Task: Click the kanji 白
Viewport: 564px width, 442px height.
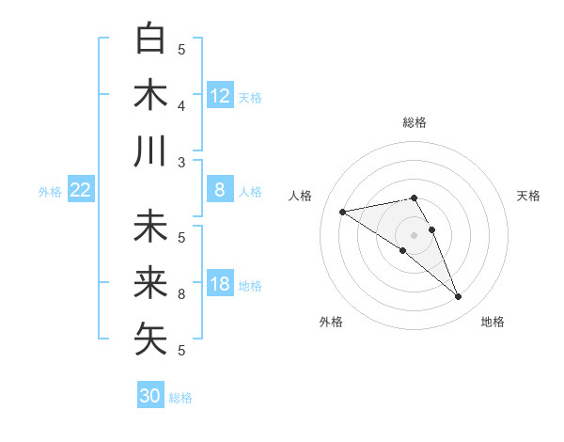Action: point(150,39)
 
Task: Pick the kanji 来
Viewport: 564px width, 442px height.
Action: point(150,281)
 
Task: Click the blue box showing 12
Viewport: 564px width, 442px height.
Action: point(220,95)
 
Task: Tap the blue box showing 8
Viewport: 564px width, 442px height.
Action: point(220,190)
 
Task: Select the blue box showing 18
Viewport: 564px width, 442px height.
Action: point(220,284)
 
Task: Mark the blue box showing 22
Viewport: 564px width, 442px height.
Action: point(80,190)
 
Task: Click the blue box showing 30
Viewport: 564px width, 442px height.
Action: point(150,396)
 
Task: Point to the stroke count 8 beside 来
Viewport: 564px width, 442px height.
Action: point(182,294)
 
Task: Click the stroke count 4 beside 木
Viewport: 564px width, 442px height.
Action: point(182,106)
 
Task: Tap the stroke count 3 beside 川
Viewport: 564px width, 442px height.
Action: point(182,163)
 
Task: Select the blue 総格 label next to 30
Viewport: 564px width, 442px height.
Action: point(181,398)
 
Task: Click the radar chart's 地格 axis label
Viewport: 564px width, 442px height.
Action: point(493,322)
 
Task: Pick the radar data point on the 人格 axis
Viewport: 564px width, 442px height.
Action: point(342,211)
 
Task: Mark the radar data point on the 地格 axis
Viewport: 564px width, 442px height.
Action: point(459,297)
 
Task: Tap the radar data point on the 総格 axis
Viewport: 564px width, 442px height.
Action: point(414,197)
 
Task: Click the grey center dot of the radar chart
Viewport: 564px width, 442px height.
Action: point(414,233)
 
